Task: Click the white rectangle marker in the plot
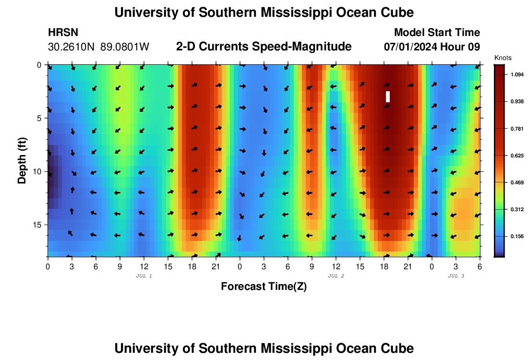click(x=388, y=96)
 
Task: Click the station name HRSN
click(x=63, y=33)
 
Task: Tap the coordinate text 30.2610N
click(x=72, y=47)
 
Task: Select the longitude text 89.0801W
click(x=125, y=47)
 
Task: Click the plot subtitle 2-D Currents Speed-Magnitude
click(x=264, y=47)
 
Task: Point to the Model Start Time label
click(x=437, y=33)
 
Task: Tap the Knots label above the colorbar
click(x=503, y=58)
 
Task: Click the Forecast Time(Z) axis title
click(x=264, y=287)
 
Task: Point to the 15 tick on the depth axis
click(x=38, y=225)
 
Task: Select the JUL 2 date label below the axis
click(x=336, y=276)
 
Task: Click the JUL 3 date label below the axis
click(x=456, y=276)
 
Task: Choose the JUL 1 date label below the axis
click(x=144, y=276)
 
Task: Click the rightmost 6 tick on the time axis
click(x=480, y=266)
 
